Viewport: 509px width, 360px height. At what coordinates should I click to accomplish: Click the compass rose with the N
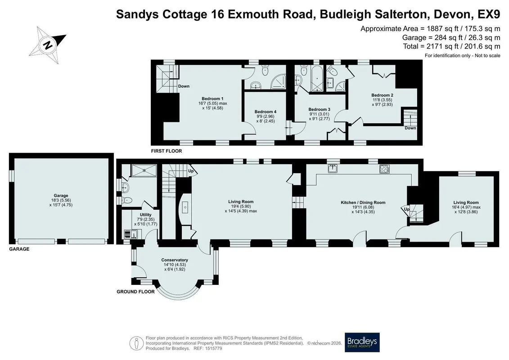point(47,45)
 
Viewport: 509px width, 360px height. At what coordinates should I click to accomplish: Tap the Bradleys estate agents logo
point(362,342)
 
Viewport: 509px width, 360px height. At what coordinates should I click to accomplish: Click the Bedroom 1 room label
point(212,99)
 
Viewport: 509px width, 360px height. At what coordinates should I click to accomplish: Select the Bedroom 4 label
point(265,112)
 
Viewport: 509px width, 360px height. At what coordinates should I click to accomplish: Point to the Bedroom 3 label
point(320,109)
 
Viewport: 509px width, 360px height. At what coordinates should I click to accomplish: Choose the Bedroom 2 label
point(383,95)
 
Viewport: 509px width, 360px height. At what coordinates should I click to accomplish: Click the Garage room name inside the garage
point(61,195)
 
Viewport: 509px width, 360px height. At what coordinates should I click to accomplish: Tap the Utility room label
point(146,215)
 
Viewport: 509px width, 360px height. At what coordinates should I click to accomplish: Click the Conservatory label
point(175,260)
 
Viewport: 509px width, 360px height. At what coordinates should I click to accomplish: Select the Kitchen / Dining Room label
point(363,202)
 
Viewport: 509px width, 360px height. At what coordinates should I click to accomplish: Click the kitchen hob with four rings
point(385,169)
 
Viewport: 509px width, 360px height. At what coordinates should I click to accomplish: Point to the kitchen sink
point(333,169)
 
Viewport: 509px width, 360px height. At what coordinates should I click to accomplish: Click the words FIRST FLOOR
point(167,151)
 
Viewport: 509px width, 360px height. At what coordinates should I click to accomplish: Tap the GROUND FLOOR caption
point(136,292)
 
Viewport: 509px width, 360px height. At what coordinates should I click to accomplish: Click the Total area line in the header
point(451,46)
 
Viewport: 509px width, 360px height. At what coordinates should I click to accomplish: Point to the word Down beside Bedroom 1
point(184,86)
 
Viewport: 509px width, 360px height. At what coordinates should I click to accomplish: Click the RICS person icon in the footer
point(136,343)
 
